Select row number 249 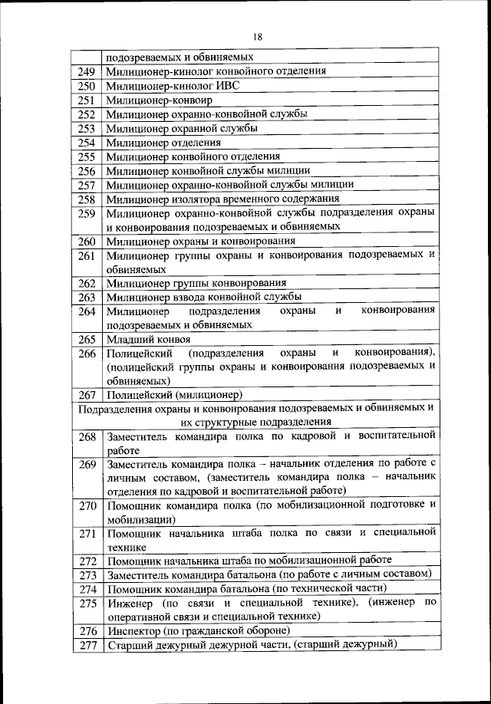[x=86, y=71]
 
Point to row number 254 [x=86, y=142]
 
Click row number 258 [x=86, y=199]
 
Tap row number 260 [x=86, y=242]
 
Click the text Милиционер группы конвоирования [x=196, y=283]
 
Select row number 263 [x=86, y=297]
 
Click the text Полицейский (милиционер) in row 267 [x=175, y=395]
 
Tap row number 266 [x=87, y=353]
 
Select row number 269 [x=87, y=464]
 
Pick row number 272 [x=87, y=561]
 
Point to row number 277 [x=87, y=645]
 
